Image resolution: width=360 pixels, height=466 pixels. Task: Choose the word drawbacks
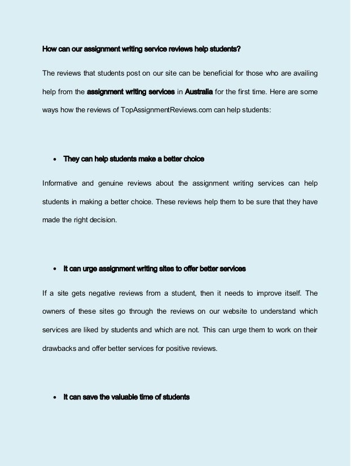59,348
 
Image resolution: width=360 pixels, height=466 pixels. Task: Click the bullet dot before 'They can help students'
54,160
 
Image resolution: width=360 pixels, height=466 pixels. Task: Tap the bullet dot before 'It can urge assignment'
54,269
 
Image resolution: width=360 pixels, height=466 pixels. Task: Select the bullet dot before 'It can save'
54,398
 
